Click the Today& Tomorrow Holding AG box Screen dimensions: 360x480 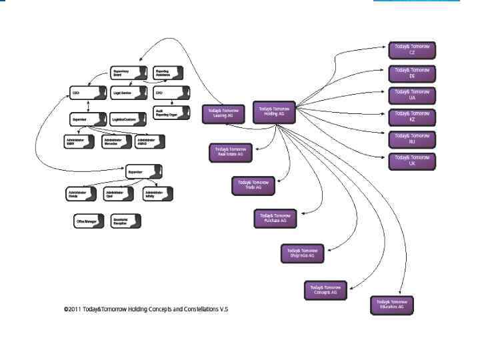click(274, 111)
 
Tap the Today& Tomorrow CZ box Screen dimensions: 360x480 click(411, 49)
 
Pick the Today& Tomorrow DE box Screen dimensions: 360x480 click(411, 72)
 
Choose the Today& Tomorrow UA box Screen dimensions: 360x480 click(411, 94)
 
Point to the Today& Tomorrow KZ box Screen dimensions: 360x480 click(411, 116)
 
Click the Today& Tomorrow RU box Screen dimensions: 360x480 click(411, 139)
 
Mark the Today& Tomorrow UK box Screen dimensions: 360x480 click(411, 161)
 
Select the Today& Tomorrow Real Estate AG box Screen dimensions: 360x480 click(230, 152)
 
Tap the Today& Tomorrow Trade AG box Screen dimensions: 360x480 click(253, 185)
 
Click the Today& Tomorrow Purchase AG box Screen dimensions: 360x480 click(275, 218)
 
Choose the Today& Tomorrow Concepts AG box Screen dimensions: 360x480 click(325, 290)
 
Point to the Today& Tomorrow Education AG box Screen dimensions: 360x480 click(391, 304)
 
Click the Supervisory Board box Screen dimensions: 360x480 click(127, 73)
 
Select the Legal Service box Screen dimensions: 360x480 click(127, 93)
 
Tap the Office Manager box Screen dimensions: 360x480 click(89, 221)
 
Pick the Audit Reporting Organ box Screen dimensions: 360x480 click(169, 113)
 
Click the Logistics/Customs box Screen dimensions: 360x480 click(127, 119)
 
